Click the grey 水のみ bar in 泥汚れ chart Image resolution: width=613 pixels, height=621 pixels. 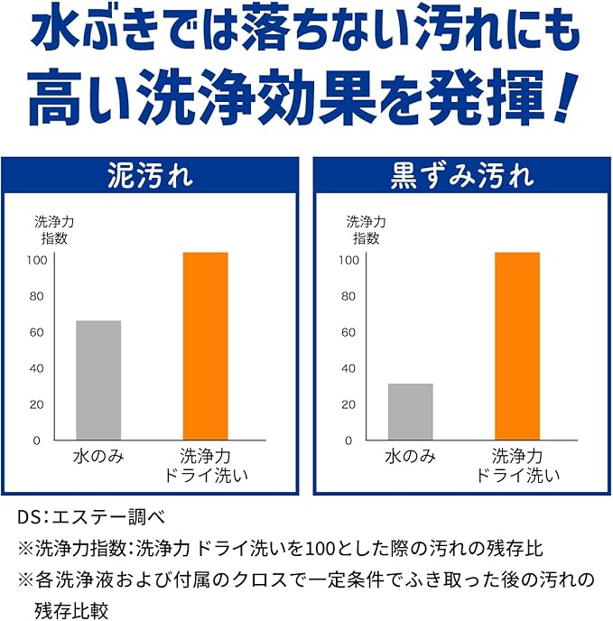(x=98, y=380)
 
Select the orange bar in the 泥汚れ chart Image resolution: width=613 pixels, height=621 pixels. (x=206, y=346)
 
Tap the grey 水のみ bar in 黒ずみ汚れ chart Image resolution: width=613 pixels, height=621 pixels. (x=411, y=412)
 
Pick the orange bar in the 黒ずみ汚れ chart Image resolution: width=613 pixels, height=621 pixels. (x=517, y=346)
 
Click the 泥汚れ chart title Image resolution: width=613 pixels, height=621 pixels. (x=150, y=176)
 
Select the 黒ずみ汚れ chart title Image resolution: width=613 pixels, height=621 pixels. (x=462, y=176)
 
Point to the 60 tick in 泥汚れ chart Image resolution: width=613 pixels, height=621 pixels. (x=36, y=332)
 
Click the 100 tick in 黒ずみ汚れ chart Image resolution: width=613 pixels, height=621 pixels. (x=348, y=260)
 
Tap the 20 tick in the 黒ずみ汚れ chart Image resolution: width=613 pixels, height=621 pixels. (x=348, y=404)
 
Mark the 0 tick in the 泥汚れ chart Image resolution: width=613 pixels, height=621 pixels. (x=36, y=440)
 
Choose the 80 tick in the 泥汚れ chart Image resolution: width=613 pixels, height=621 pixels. (x=36, y=296)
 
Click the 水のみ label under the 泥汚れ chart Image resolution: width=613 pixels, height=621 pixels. (x=98, y=457)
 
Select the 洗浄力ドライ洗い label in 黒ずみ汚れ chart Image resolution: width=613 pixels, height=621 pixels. (x=517, y=466)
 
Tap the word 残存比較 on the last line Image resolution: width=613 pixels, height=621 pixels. (x=71, y=612)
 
